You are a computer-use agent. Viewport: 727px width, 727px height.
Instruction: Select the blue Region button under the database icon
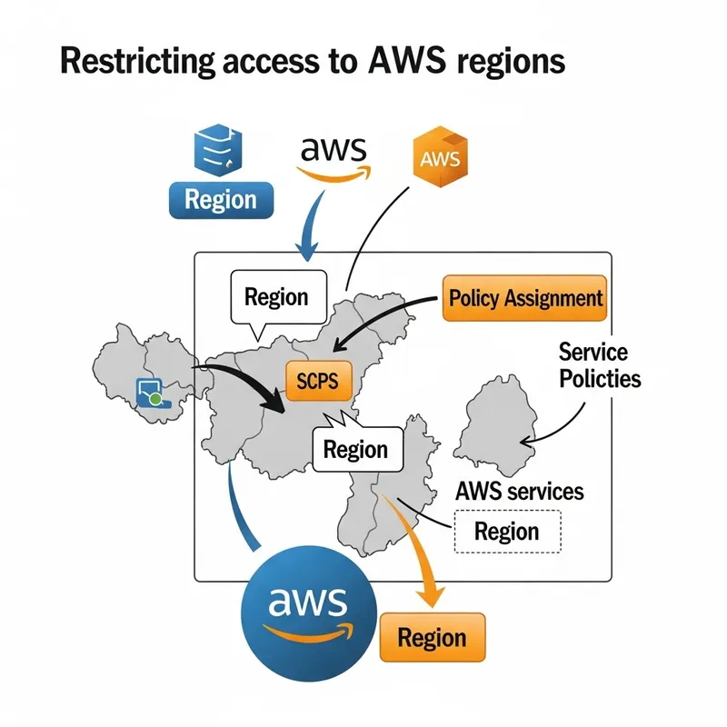[221, 199]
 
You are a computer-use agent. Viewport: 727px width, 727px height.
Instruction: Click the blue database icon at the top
[219, 149]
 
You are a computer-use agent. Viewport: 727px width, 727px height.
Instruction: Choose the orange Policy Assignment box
[525, 298]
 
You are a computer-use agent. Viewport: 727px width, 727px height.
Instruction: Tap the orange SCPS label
[318, 381]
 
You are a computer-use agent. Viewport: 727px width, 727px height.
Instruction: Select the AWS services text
[518, 492]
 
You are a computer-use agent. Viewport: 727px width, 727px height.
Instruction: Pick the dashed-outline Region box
[506, 532]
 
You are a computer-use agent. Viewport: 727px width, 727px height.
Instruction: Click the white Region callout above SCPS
[276, 297]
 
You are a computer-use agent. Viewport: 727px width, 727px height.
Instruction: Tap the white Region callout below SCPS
[355, 450]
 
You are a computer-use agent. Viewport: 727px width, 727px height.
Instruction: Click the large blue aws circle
[308, 607]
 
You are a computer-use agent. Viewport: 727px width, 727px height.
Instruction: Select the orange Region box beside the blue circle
[433, 636]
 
